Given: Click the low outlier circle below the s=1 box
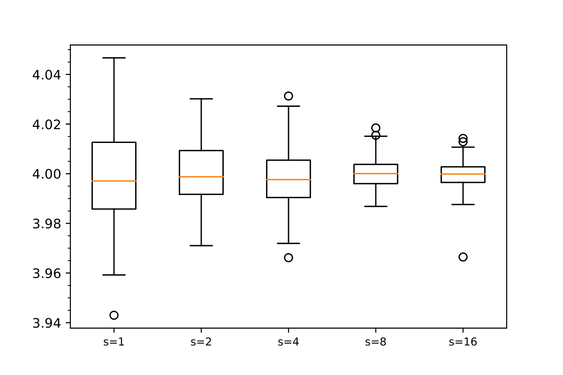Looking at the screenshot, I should [114, 315].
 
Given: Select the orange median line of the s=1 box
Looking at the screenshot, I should [114, 181].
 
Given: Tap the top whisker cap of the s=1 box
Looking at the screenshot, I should [114, 58].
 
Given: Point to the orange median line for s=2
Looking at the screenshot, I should [201, 177].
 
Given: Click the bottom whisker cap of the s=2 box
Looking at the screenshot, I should [201, 246].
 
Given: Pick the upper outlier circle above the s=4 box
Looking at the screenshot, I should [289, 96].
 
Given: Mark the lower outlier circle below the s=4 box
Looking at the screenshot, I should [289, 257].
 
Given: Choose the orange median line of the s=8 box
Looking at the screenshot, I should [376, 173].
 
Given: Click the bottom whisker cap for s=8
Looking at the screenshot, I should [376, 206].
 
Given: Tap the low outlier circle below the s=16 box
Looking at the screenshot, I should [463, 257].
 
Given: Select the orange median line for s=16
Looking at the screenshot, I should [463, 174].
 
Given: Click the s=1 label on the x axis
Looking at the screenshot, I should [114, 342].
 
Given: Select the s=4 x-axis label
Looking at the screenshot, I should [289, 342].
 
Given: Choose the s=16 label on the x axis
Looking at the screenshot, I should [463, 342].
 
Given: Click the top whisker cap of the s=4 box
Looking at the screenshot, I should [289, 106].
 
